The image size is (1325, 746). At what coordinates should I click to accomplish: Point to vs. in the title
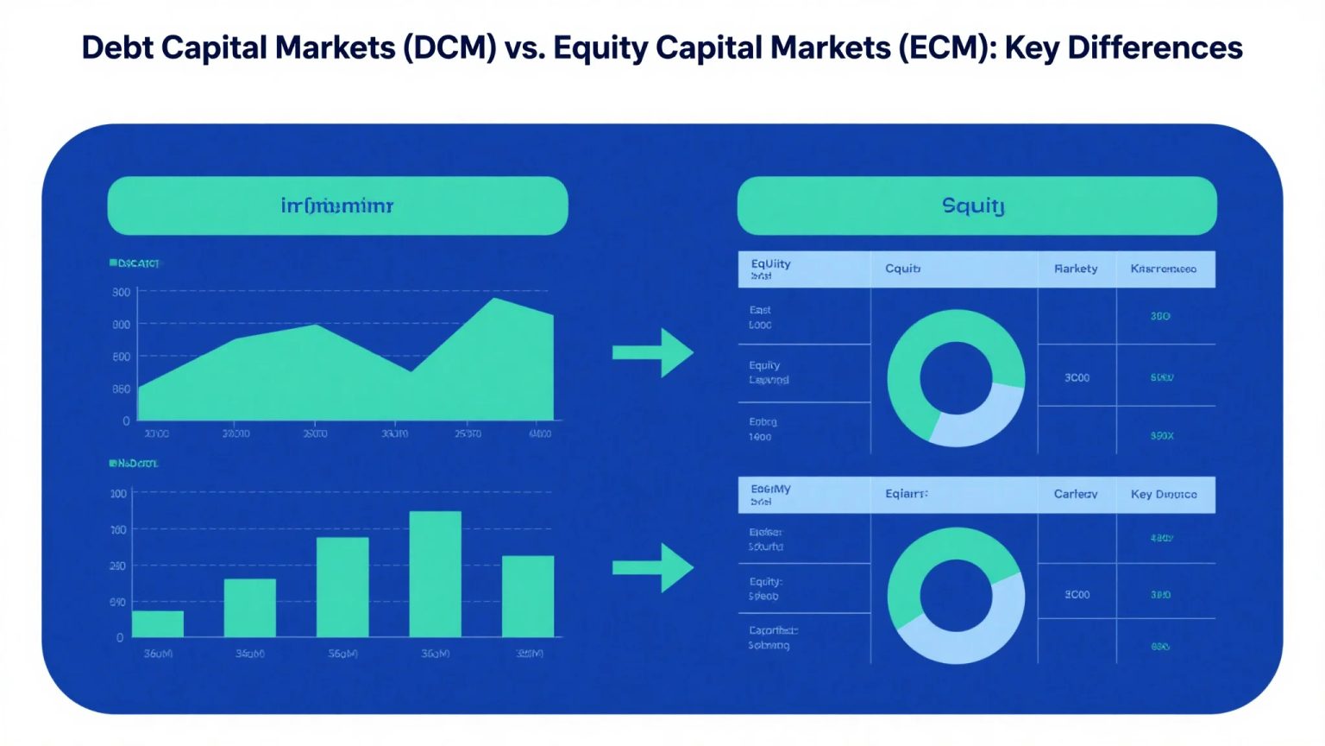[524, 47]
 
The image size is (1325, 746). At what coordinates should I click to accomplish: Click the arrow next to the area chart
[652, 352]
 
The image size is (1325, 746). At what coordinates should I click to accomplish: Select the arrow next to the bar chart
[652, 567]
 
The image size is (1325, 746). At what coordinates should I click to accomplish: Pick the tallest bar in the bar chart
[435, 574]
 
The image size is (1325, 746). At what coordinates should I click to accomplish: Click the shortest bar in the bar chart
[158, 623]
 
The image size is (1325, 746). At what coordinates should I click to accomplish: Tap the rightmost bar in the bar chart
[527, 596]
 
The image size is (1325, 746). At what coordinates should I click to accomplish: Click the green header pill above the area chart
[337, 205]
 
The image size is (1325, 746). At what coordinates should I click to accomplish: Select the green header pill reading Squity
[976, 205]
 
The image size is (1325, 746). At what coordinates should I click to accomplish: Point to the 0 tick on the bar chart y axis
[120, 637]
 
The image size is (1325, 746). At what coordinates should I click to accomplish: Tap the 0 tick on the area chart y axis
[126, 421]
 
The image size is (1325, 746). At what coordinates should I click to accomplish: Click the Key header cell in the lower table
[1164, 495]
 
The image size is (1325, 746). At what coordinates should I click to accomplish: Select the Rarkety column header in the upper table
[1076, 269]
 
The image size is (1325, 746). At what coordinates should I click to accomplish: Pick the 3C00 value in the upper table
[1077, 377]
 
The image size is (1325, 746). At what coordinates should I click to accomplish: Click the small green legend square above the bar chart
[112, 464]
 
